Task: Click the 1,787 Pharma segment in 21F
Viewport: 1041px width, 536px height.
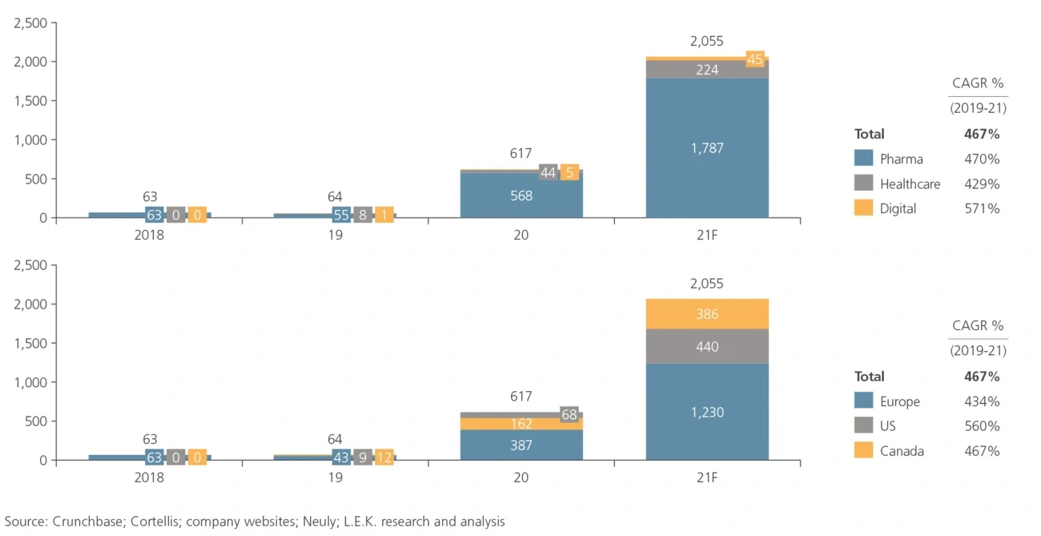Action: pos(707,148)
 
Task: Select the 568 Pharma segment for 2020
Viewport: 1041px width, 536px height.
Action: pos(521,195)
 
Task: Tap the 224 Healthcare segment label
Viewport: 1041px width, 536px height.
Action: pos(707,70)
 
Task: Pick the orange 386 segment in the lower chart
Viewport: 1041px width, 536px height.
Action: pos(707,314)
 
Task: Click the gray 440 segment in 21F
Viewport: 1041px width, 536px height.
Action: pos(707,347)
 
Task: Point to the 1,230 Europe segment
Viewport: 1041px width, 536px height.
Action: pos(707,412)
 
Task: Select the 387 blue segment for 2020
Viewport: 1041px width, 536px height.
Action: pos(521,445)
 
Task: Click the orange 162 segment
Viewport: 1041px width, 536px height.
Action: pos(521,424)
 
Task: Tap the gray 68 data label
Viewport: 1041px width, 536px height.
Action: pos(569,415)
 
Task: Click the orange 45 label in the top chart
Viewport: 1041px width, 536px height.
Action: pos(754,59)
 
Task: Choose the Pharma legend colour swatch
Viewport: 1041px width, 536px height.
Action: pos(863,159)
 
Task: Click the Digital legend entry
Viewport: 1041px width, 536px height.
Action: pos(898,208)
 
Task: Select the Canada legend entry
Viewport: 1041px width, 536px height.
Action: pos(901,451)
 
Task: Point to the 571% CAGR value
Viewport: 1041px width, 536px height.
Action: pos(982,208)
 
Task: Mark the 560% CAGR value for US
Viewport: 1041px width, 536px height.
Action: pos(982,426)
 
